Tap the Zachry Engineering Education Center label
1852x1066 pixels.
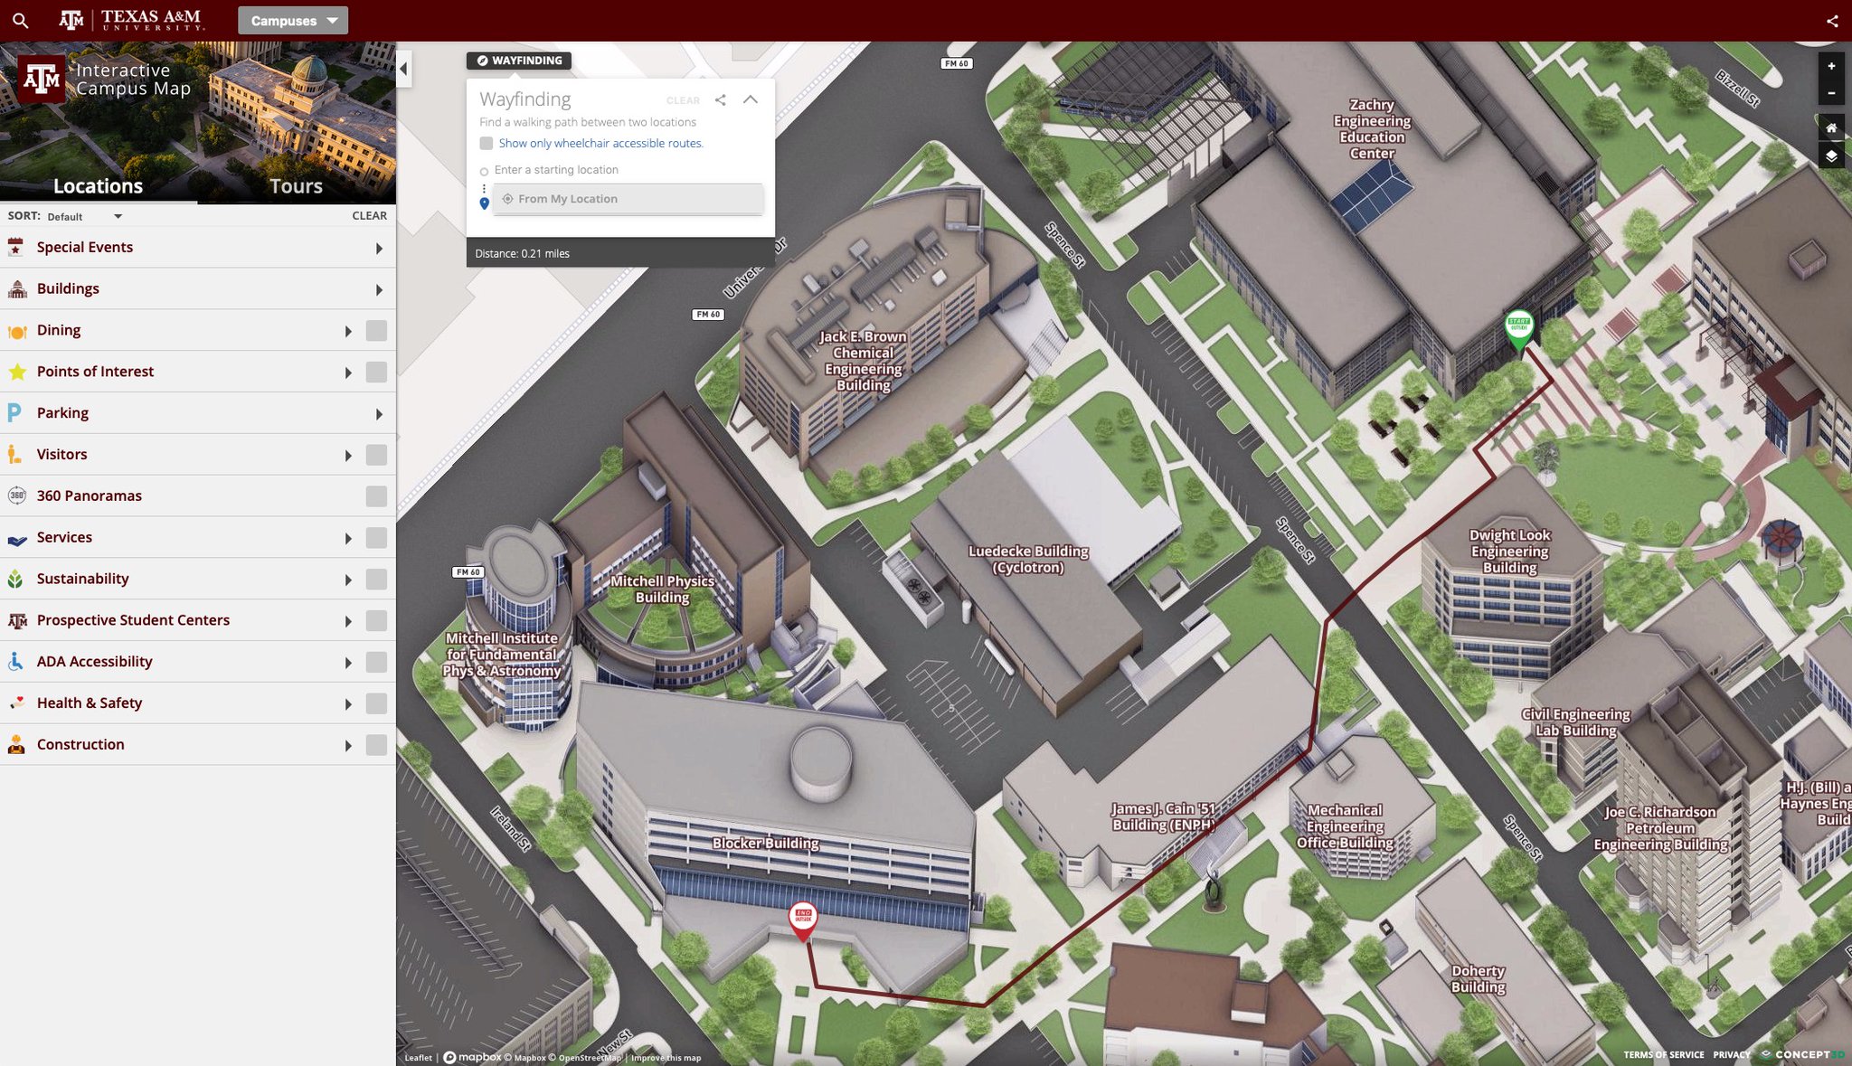pos(1371,129)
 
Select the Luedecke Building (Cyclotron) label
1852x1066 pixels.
pos(1028,559)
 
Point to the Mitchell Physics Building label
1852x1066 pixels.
pos(662,589)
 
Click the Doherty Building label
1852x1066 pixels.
pos(1478,978)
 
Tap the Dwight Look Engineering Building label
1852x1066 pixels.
pos(1509,551)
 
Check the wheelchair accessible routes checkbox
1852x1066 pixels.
pos(487,143)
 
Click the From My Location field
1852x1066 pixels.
pos(628,199)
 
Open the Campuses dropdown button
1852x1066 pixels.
pos(293,21)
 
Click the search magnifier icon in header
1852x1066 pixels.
pos(20,21)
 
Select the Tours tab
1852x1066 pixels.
pos(296,186)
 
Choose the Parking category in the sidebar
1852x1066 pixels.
pos(62,413)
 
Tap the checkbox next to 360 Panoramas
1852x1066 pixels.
pos(376,495)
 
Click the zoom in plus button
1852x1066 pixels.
pos(1831,66)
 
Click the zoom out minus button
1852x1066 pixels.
pos(1831,93)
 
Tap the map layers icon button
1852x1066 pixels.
pos(1831,156)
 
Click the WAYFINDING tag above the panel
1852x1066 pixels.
pos(519,61)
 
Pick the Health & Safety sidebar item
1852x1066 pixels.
pos(90,703)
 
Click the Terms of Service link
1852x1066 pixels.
pos(1663,1054)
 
